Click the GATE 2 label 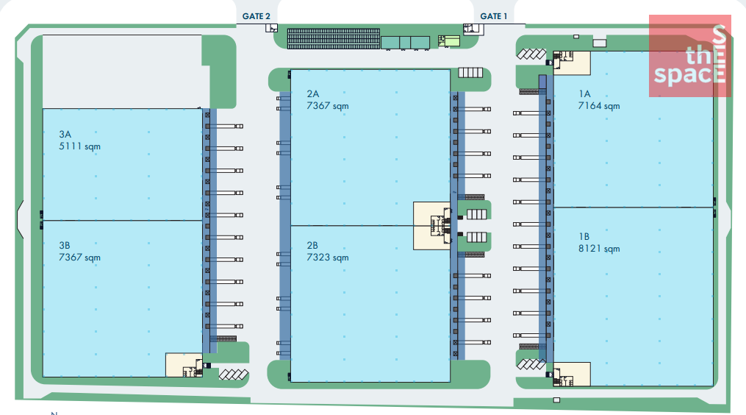pos(256,16)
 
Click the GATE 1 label pos(493,16)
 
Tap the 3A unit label pos(65,135)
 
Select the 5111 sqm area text pos(79,146)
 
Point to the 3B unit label pos(65,245)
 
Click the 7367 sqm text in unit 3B pos(79,258)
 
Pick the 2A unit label pos(312,94)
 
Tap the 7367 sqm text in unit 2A pos(327,106)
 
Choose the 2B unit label pos(312,245)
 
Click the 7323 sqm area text pos(327,258)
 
